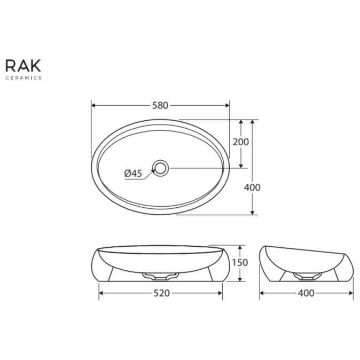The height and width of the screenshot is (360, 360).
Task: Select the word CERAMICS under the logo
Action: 23,78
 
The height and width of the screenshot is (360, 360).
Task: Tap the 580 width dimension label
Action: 160,105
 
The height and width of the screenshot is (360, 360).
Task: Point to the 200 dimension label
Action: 241,142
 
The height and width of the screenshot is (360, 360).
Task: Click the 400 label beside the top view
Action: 252,187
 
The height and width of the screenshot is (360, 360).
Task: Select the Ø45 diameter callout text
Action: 132,173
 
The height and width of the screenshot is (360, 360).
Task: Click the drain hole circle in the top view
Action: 160,168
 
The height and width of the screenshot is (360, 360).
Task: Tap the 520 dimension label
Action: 161,293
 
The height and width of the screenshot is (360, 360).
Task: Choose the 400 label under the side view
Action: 307,293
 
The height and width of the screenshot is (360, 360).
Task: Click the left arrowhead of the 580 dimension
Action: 94,105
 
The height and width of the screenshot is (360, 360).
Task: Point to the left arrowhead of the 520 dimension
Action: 101,293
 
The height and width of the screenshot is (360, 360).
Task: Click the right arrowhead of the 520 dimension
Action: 220,293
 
